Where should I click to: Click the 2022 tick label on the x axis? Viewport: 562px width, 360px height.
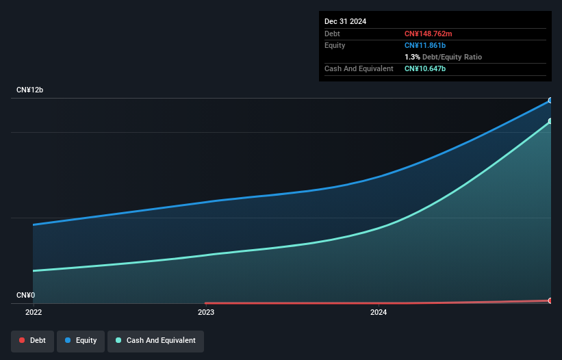[34, 312]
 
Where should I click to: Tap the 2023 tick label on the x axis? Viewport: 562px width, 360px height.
[206, 312]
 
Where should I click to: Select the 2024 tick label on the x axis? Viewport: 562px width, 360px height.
[379, 312]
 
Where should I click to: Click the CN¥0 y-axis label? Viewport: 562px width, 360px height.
[26, 296]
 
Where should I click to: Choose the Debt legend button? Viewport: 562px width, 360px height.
[32, 341]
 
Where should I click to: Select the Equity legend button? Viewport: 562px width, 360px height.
[81, 341]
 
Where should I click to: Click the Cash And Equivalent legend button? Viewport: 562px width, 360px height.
[155, 341]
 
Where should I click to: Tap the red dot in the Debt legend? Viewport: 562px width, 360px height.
[23, 341]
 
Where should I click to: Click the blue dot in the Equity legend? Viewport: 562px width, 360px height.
[68, 341]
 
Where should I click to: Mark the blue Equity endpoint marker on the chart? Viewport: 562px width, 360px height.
[550, 101]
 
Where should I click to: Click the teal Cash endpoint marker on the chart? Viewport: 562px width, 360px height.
[550, 121]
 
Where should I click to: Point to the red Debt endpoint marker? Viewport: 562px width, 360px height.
[550, 300]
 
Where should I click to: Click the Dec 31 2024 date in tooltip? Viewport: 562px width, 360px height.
[346, 21]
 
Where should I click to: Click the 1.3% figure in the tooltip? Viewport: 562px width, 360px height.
[412, 57]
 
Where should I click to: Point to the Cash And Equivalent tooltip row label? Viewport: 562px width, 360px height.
[359, 68]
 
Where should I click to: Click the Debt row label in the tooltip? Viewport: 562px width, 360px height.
[332, 34]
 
